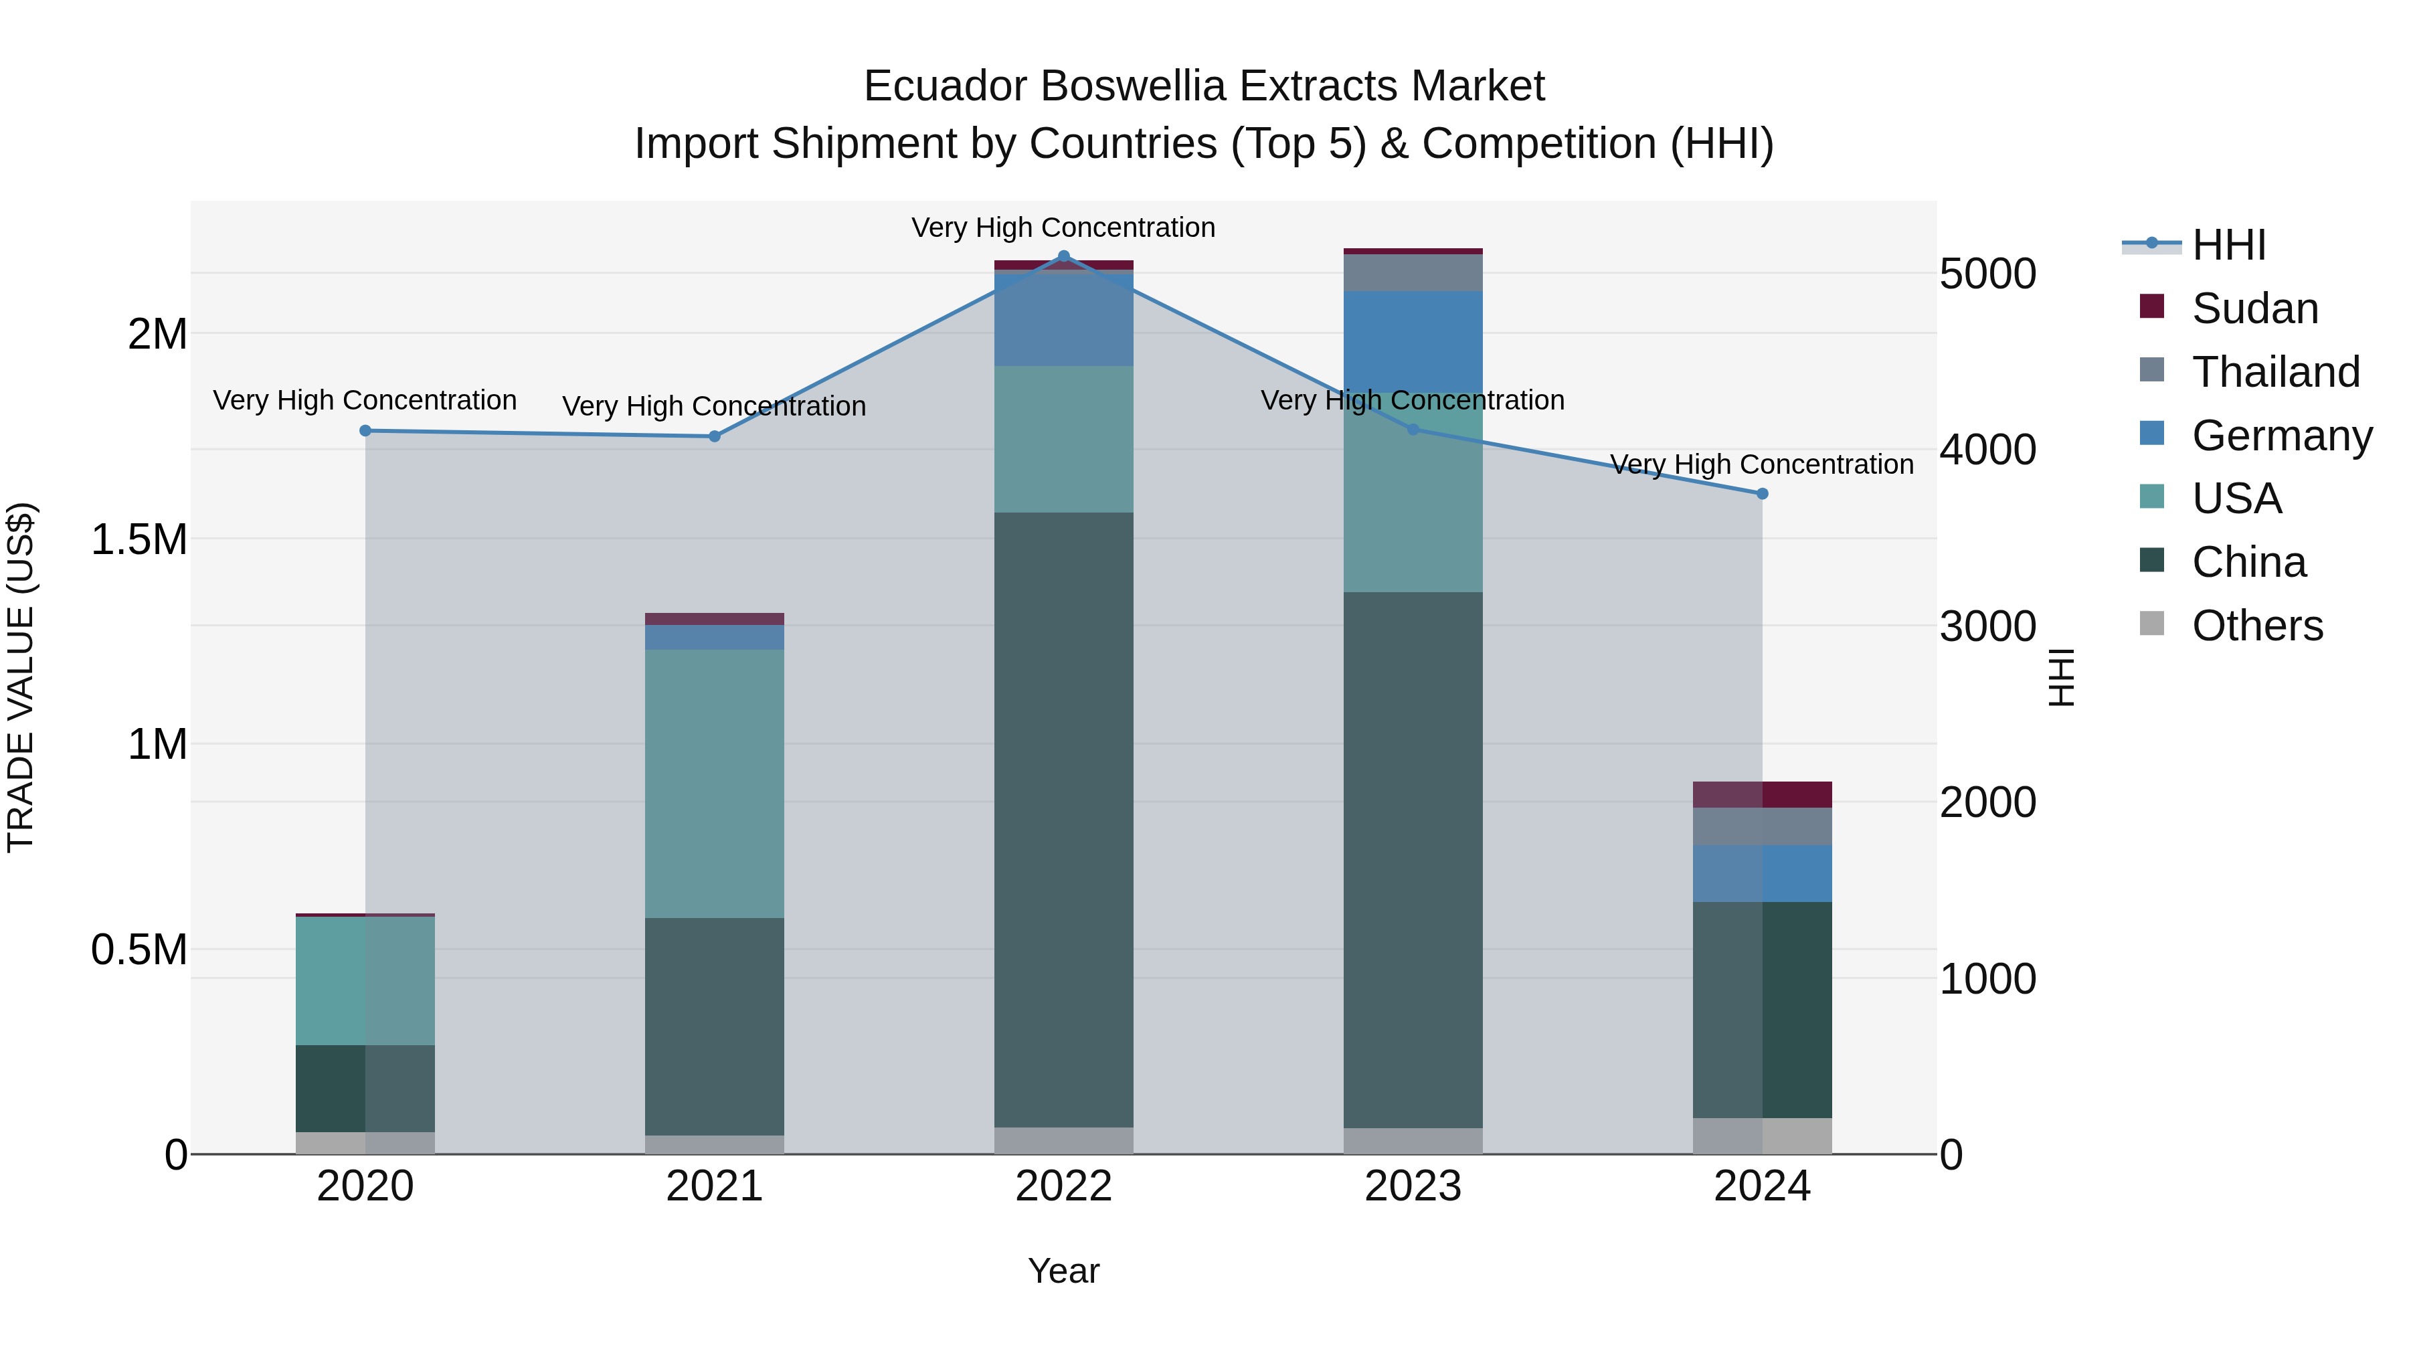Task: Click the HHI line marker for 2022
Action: coord(1063,256)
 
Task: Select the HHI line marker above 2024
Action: coord(1762,494)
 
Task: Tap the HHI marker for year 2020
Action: coord(365,431)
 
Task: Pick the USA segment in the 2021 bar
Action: coord(715,784)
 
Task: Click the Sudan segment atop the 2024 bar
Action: coord(1762,795)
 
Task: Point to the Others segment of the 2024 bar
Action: coord(1762,1136)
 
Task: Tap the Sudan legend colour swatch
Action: coord(2152,306)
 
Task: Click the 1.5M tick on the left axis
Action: coord(139,539)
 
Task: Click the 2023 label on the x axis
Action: coord(1413,1186)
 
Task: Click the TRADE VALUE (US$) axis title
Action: coord(21,677)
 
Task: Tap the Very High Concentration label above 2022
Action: coord(1063,228)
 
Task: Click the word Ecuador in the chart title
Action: coord(946,86)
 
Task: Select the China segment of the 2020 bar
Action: coord(365,1089)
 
